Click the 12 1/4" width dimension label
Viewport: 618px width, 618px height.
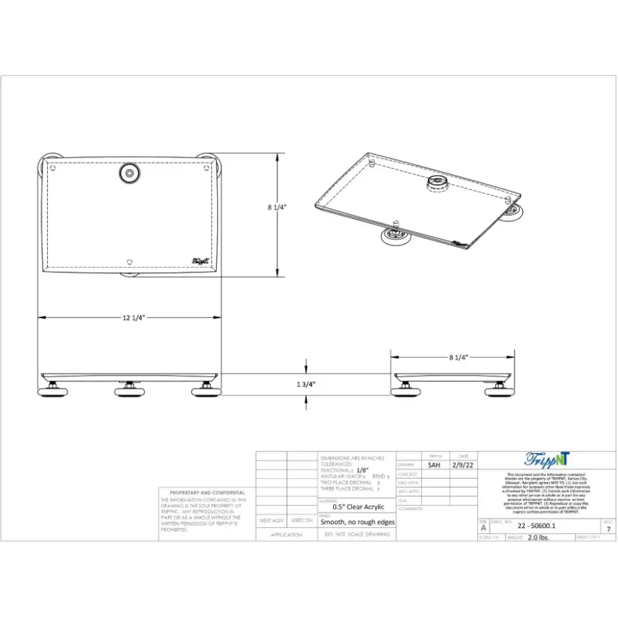click(x=130, y=317)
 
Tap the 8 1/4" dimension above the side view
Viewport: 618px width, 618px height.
click(x=458, y=357)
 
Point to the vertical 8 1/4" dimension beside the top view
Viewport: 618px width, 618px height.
click(x=277, y=207)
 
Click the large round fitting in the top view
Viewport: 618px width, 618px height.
click(x=128, y=174)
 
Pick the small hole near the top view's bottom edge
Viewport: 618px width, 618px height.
click(x=130, y=261)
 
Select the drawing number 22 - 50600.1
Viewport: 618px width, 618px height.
click(x=529, y=526)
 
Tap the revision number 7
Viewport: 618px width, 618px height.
click(x=608, y=529)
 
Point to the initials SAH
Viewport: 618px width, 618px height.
click(x=434, y=465)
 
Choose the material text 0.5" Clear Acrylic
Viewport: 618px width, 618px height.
click(x=358, y=507)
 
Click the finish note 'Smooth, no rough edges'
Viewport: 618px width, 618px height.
click(x=357, y=523)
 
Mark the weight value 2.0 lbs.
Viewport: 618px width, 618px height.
click(x=538, y=537)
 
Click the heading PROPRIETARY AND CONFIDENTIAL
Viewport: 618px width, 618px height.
click(x=207, y=493)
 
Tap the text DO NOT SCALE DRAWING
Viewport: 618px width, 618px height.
click(x=356, y=535)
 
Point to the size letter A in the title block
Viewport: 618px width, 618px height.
click(x=483, y=528)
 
